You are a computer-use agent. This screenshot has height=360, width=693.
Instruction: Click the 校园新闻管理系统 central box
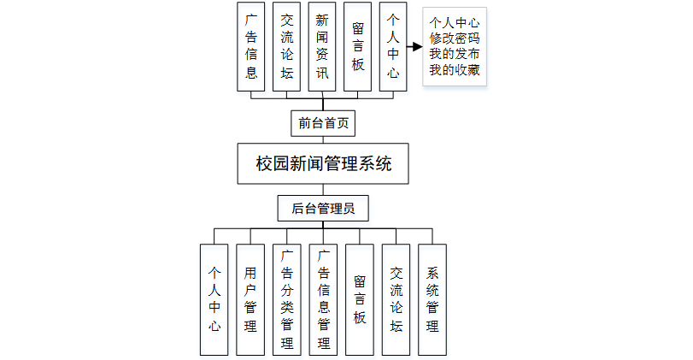pos(323,164)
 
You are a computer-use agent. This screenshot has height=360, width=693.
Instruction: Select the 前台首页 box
pos(323,122)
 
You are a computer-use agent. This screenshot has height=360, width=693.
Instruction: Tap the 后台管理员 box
pos(323,208)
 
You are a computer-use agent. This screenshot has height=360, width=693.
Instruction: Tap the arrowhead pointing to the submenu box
pos(418,46)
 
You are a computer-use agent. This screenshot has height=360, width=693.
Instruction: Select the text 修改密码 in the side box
pos(455,39)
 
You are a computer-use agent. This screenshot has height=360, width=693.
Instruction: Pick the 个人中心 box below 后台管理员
pos(214,299)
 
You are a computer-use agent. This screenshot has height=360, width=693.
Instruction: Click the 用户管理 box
pos(250,299)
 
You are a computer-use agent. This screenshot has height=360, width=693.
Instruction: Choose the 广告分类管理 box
pos(287,299)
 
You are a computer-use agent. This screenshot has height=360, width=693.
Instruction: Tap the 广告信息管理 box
pos(323,299)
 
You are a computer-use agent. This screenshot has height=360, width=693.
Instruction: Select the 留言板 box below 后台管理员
pos(360,299)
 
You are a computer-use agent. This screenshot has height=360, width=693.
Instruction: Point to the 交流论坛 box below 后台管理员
pos(396,299)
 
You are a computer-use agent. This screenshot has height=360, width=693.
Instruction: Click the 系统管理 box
pos(432,299)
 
